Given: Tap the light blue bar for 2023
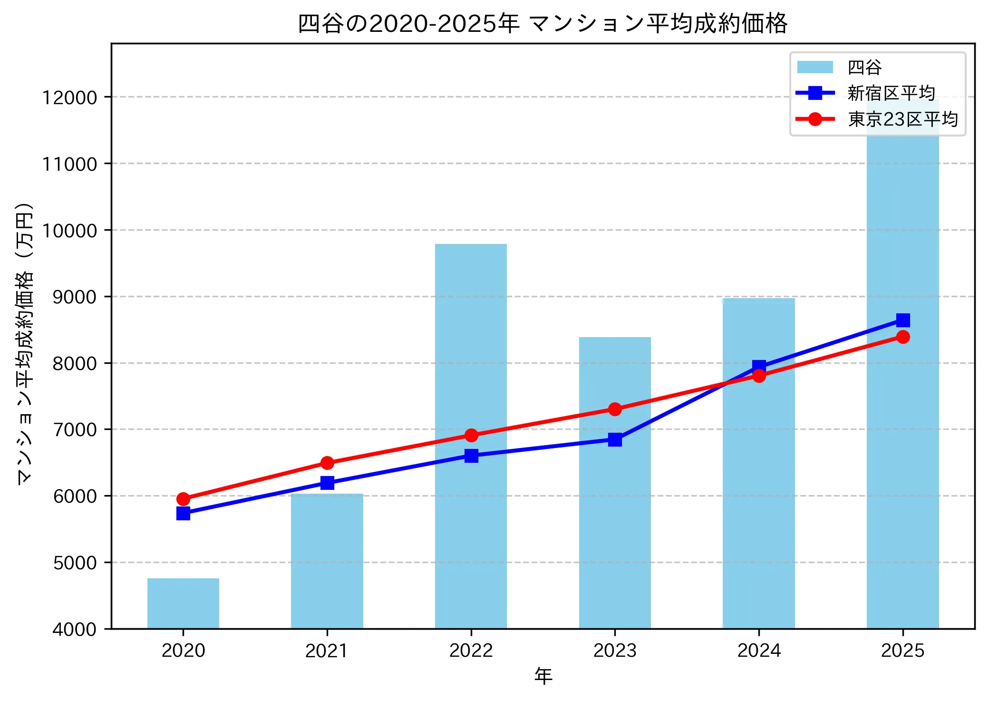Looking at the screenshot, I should (615, 523).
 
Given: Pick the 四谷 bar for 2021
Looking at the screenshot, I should (327, 561).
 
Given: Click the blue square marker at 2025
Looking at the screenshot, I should (902, 320).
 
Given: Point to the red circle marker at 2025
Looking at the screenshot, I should (902, 337).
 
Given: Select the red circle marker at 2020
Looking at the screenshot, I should (183, 499).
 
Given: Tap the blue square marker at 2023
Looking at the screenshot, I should (615, 439).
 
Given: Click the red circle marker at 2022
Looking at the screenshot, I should (471, 435).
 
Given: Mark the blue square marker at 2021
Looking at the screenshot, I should (327, 483).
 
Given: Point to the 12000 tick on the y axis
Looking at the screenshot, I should (69, 97).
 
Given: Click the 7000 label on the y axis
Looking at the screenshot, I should (75, 429).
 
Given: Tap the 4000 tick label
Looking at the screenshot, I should (75, 629).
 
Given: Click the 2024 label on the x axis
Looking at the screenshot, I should (758, 650).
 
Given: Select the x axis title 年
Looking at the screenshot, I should (543, 676).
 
